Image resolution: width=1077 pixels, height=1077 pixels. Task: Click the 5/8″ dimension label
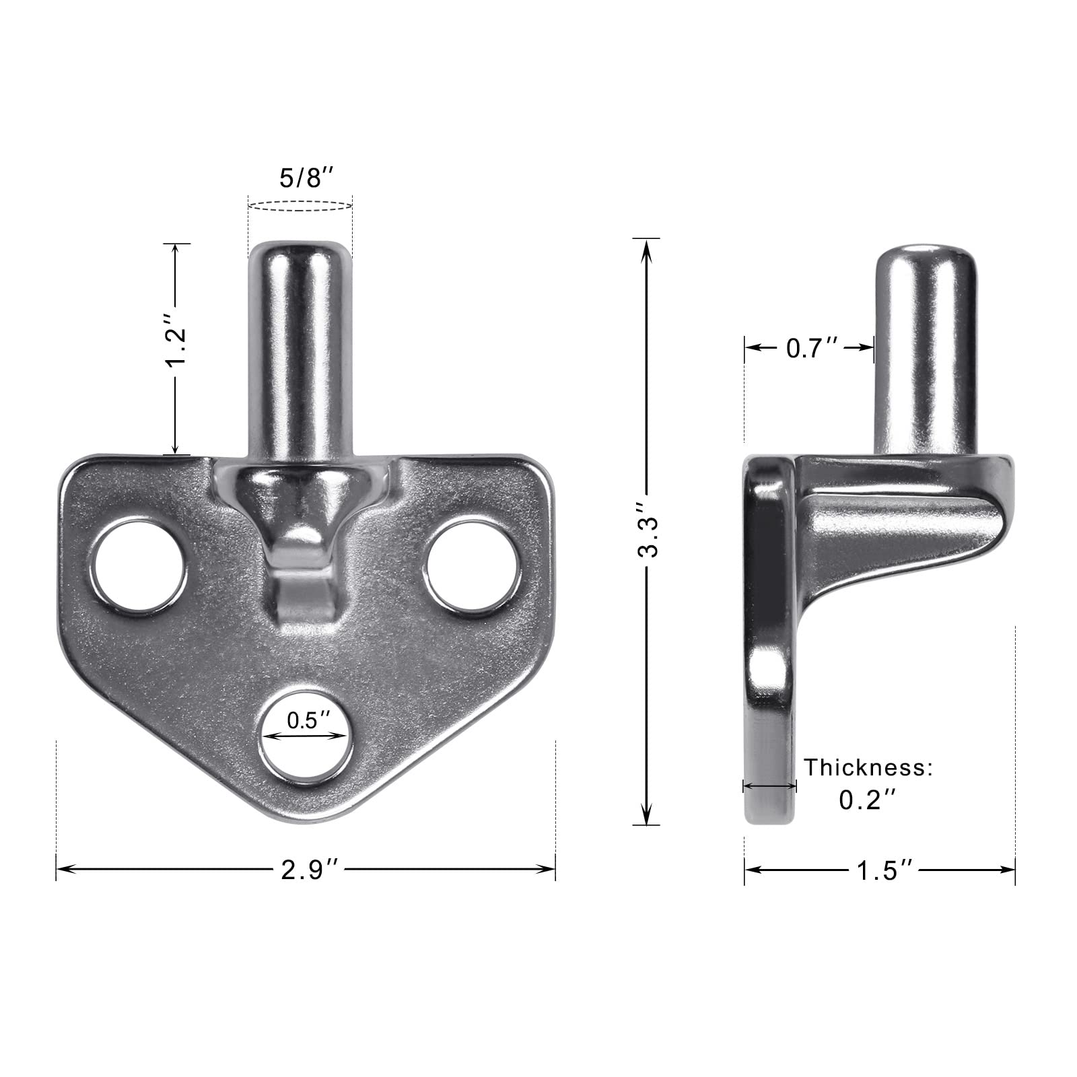pos(306,180)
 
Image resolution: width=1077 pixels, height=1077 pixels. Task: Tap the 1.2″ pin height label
pos(176,349)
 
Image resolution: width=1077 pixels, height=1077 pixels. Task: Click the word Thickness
pos(869,767)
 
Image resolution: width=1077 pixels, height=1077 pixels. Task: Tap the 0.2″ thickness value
pos(868,800)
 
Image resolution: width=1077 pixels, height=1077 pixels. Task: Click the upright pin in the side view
pos(926,350)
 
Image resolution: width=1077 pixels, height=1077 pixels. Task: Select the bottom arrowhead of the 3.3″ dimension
pos(647,817)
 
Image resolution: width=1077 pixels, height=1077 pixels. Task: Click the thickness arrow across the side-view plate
pos(769,786)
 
